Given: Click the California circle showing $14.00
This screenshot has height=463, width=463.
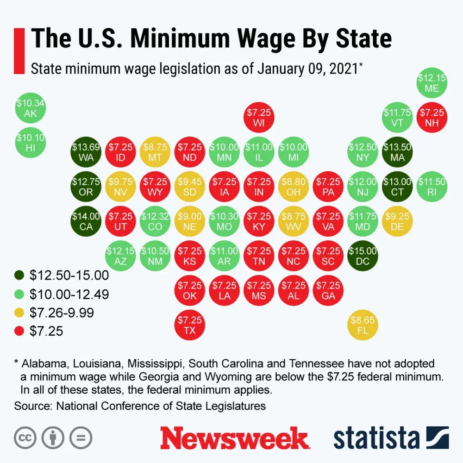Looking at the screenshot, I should point(86,221).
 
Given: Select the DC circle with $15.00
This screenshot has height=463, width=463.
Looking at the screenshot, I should point(363,256).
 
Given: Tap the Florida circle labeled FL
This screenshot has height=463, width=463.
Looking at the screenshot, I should point(363,325).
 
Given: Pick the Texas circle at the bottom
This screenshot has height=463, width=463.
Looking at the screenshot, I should point(189,325).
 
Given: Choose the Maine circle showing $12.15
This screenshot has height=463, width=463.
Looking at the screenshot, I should point(432,82).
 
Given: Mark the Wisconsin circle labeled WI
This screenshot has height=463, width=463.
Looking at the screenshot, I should point(259,118).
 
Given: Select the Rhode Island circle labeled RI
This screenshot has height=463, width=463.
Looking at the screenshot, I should point(432,187).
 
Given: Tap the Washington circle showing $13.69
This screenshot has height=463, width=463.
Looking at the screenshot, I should point(86,152).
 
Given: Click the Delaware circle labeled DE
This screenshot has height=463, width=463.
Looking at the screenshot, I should point(397,221).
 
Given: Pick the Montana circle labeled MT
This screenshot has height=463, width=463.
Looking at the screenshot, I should point(155,152).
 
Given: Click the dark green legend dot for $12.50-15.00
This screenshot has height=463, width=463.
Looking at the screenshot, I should point(19,276).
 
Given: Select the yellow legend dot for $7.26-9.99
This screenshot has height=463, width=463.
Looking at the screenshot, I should point(19,313).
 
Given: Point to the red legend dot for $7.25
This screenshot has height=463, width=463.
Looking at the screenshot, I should point(19,332).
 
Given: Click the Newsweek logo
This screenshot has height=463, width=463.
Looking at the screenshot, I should point(234,438).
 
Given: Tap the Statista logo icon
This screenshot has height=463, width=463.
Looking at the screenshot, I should point(438,438).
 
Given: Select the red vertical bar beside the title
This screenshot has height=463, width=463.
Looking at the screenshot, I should point(19,51).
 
